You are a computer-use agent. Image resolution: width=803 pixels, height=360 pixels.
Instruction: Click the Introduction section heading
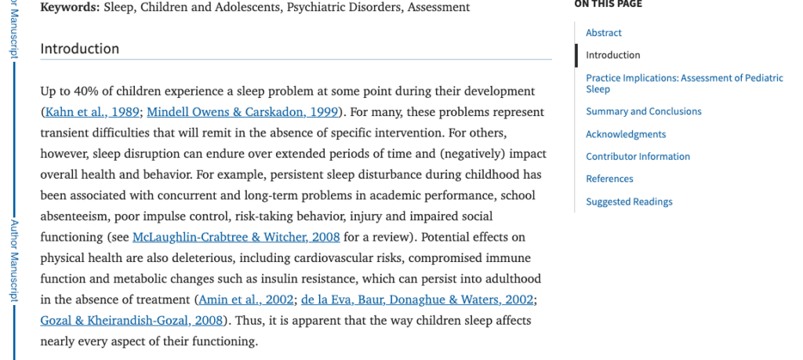pos(80,49)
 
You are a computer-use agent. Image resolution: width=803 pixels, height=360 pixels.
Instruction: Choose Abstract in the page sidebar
pos(603,33)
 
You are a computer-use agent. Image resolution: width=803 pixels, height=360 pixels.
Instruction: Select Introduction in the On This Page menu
pos(612,55)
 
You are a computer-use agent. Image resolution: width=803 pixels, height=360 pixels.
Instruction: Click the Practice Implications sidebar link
pos(684,78)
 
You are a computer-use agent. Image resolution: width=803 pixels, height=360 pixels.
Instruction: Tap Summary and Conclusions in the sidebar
pos(644,111)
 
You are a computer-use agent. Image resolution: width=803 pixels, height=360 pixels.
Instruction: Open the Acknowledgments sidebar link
pos(626,134)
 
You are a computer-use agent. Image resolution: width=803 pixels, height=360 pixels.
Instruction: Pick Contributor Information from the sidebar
pos(638,156)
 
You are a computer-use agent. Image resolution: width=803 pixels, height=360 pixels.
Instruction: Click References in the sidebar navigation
pos(609,179)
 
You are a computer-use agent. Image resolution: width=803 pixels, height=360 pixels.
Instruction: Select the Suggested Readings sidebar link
pos(629,202)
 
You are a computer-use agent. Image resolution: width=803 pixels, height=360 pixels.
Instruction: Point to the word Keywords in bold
pos(69,8)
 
